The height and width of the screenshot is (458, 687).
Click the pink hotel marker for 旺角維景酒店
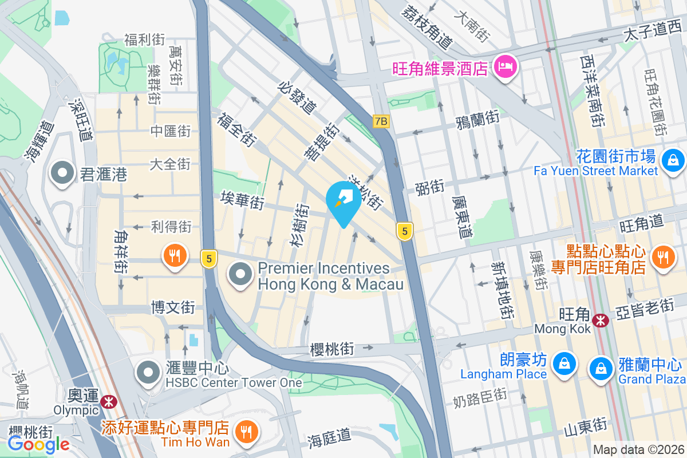click(506, 68)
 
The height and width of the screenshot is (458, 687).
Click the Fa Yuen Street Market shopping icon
click(673, 160)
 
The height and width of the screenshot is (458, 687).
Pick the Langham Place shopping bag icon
click(564, 364)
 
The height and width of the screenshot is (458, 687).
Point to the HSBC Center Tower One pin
click(149, 372)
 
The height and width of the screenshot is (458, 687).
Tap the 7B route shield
click(381, 121)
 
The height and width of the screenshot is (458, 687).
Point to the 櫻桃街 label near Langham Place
click(332, 349)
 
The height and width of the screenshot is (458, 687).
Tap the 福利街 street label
click(145, 40)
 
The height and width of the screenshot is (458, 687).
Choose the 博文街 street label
click(173, 308)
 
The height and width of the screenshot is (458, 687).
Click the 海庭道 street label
click(329, 437)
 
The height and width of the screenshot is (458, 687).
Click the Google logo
click(39, 444)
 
